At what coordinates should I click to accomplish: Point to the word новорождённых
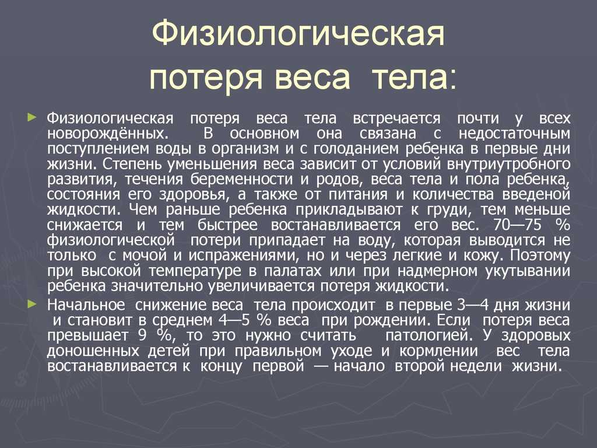click(107, 134)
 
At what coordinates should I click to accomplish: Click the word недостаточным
click(514, 134)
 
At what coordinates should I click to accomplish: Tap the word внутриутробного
click(508, 164)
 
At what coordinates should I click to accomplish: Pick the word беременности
click(245, 180)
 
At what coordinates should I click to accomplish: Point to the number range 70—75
click(518, 225)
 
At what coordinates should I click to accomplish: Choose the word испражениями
click(242, 256)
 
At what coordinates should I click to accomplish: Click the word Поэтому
click(540, 256)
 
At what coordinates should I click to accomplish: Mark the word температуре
click(195, 271)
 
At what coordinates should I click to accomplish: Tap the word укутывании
click(528, 271)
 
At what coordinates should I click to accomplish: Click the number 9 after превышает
click(142, 335)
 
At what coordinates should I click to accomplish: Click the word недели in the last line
click(478, 366)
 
